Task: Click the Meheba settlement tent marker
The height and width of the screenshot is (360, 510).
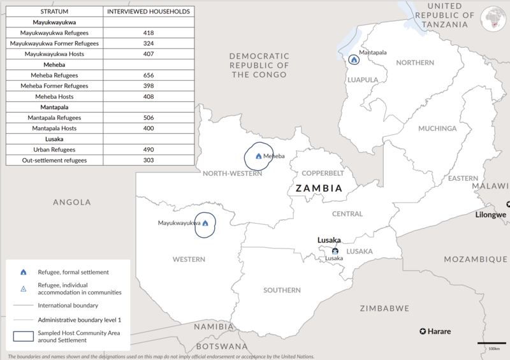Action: pyautogui.click(x=258, y=156)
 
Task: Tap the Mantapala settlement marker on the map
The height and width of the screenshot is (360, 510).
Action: pyautogui.click(x=354, y=60)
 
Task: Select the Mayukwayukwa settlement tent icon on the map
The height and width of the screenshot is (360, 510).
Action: pyautogui.click(x=205, y=224)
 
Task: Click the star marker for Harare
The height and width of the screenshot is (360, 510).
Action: pyautogui.click(x=423, y=331)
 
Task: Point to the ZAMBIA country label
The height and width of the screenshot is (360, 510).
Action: pyautogui.click(x=318, y=189)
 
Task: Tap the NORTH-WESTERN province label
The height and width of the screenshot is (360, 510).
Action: pyautogui.click(x=231, y=173)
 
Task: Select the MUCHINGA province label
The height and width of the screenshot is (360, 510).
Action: pyautogui.click(x=437, y=129)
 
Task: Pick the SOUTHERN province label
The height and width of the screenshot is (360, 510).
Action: pyautogui.click(x=282, y=291)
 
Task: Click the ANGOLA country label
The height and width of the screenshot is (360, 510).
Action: pyautogui.click(x=72, y=202)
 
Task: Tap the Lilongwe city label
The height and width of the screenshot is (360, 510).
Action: pyautogui.click(x=491, y=215)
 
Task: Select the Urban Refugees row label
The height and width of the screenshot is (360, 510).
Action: pyautogui.click(x=54, y=149)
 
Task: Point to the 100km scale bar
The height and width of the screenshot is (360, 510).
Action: pyautogui.click(x=492, y=345)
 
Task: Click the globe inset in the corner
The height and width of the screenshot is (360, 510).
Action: pyautogui.click(x=495, y=17)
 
